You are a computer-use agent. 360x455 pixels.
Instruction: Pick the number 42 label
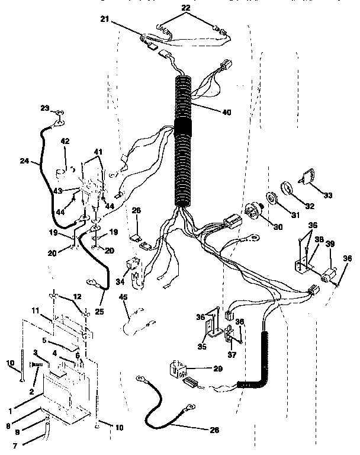coord(65,142)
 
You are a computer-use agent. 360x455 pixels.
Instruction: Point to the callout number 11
coord(35,310)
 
